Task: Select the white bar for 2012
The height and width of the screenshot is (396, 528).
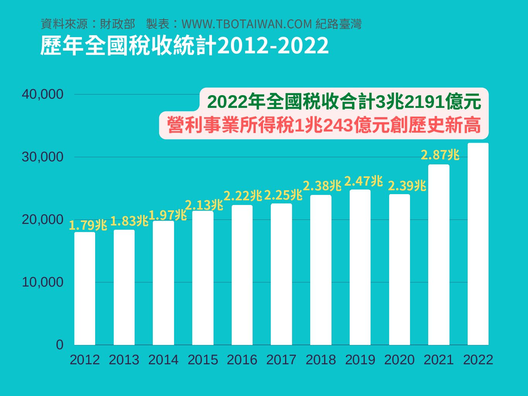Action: pyautogui.click(x=85, y=288)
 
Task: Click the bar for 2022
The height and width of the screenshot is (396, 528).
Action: pyautogui.click(x=478, y=244)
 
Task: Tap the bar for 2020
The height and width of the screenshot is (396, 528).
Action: pyautogui.click(x=400, y=269)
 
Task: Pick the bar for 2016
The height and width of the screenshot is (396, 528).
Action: pyautogui.click(x=242, y=275)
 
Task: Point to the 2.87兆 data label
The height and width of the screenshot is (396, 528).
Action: pyautogui.click(x=440, y=155)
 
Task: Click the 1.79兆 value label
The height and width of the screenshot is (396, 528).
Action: pyautogui.click(x=88, y=225)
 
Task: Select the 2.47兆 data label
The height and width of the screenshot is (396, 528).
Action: pyautogui.click(x=363, y=181)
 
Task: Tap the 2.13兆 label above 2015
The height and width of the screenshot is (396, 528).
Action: pyautogui.click(x=204, y=205)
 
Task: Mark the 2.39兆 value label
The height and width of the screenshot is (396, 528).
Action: pyautogui.click(x=407, y=186)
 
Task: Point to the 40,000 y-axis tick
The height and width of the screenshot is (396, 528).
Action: pyautogui.click(x=43, y=94)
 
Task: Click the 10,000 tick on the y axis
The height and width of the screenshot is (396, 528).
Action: pyautogui.click(x=43, y=282)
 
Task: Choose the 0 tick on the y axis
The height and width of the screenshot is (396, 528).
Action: pyautogui.click(x=60, y=345)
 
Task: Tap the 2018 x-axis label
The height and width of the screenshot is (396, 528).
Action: pyautogui.click(x=321, y=360)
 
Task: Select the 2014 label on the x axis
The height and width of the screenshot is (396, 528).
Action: pyautogui.click(x=163, y=360)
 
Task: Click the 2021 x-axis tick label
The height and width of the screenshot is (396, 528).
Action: pyautogui.click(x=439, y=360)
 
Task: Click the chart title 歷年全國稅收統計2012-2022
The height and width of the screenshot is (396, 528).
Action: pyautogui.click(x=185, y=46)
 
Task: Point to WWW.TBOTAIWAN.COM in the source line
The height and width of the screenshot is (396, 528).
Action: pyautogui.click(x=247, y=24)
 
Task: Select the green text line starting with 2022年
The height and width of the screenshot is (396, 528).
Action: pyautogui.click(x=344, y=102)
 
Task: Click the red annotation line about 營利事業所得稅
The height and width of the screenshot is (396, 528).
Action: pyautogui.click(x=324, y=125)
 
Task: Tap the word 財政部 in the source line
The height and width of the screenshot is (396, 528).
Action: pyautogui.click(x=117, y=24)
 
